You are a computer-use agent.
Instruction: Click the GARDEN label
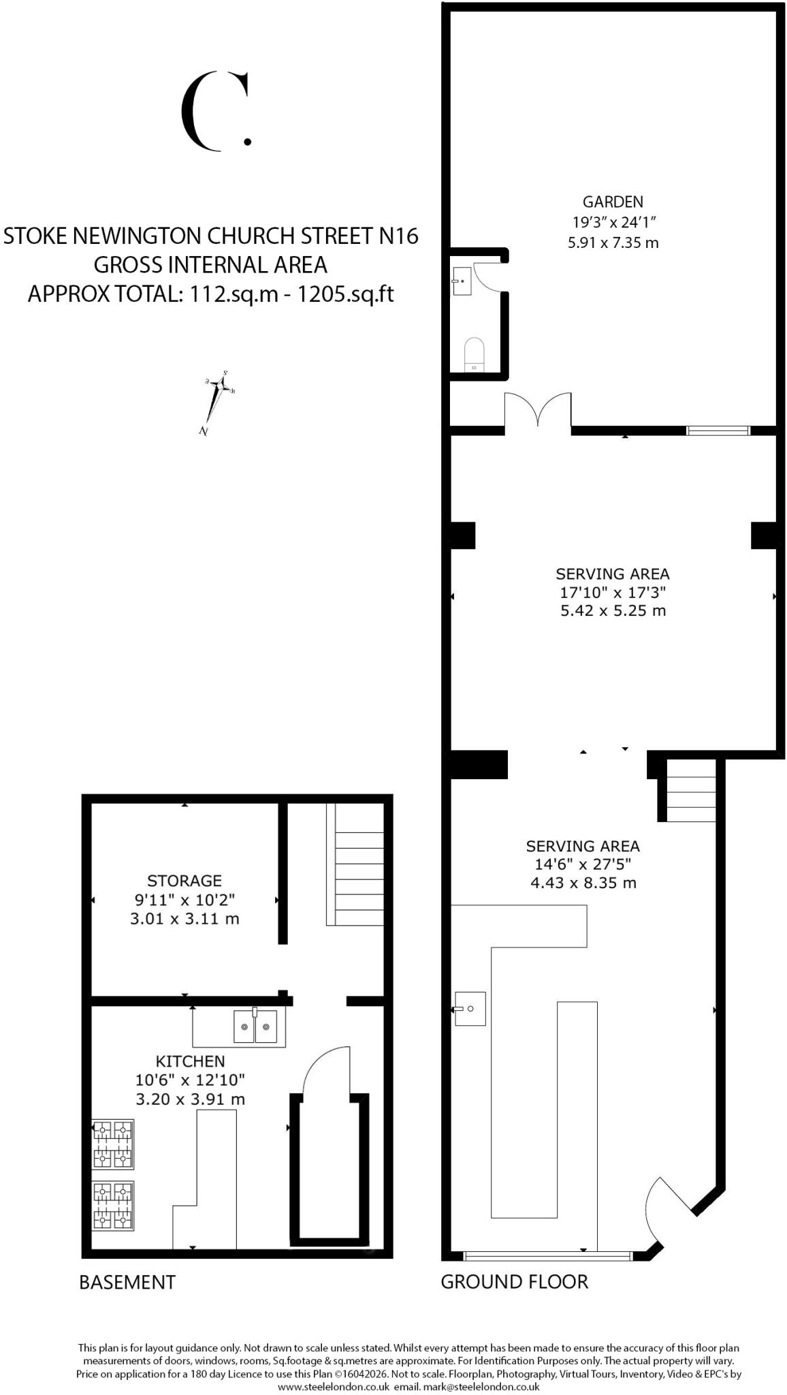[x=613, y=202]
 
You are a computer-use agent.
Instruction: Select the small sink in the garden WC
[x=461, y=281]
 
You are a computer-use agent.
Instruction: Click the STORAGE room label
[x=184, y=881]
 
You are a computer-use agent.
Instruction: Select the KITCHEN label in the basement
[x=190, y=1061]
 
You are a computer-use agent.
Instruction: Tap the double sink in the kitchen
[x=255, y=1026]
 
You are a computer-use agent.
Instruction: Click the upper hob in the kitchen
[x=113, y=1145]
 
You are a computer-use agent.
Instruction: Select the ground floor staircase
[x=690, y=791]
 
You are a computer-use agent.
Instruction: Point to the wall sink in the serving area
[x=470, y=1009]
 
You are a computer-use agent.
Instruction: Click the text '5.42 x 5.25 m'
[x=613, y=611]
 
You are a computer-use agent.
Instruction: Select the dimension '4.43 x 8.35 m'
[x=583, y=883]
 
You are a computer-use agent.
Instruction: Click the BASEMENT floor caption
[x=127, y=1283]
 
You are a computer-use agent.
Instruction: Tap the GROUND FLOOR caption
[x=514, y=1282]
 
